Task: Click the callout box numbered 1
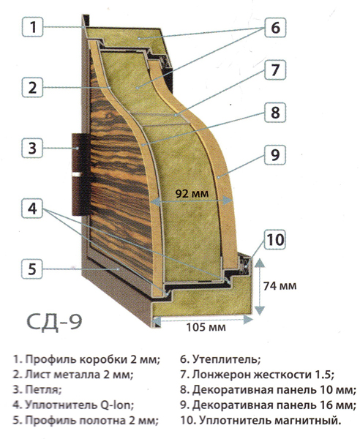tap(32, 27)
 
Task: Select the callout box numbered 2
tap(32, 87)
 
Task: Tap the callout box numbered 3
tap(32, 148)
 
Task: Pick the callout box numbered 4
tap(32, 209)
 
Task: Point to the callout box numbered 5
tap(32, 269)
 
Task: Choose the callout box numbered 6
tap(275, 28)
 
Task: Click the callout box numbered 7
tap(275, 70)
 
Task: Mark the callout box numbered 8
tap(275, 112)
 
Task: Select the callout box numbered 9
tap(275, 154)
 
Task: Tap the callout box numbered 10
tap(275, 240)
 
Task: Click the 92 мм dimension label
tap(192, 193)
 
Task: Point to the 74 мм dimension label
tap(280, 285)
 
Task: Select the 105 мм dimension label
tap(206, 327)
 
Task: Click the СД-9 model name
tap(55, 322)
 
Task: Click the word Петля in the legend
tap(43, 389)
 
